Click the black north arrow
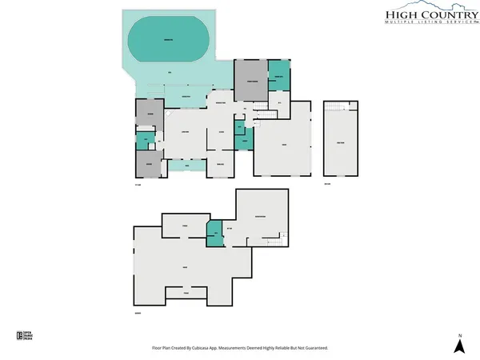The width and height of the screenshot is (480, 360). (459, 346)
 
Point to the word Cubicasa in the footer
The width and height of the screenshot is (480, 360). (218, 348)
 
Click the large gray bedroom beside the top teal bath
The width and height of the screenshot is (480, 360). (250, 80)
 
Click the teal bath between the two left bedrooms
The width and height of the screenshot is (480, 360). (144, 141)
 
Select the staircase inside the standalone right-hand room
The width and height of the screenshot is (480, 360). (338, 106)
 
